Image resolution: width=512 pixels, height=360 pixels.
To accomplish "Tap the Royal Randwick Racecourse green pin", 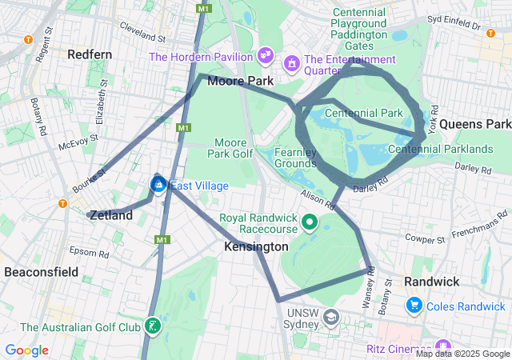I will (309, 222).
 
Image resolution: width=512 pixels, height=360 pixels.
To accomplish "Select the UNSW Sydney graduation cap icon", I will (330, 318).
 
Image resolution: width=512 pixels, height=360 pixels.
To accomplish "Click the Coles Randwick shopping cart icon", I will (414, 305).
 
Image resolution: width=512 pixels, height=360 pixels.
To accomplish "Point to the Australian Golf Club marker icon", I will (151, 326).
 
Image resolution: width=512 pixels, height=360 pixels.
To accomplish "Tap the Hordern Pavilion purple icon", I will (266, 57).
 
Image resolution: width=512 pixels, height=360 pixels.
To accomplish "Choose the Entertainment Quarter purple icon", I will (292, 61).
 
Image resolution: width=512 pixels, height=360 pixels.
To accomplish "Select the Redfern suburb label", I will (90, 54).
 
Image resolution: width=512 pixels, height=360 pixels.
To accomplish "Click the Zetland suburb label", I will (111, 215).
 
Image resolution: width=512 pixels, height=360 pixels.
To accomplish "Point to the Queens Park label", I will (474, 124).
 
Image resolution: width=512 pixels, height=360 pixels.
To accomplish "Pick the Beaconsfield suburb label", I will (42, 272).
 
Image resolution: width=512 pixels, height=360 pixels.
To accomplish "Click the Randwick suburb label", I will (431, 282).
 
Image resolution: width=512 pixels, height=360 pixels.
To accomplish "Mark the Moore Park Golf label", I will (230, 147).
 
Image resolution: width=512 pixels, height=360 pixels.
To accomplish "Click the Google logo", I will (26, 350).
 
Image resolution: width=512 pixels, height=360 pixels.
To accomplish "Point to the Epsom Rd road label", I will (89, 253).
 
